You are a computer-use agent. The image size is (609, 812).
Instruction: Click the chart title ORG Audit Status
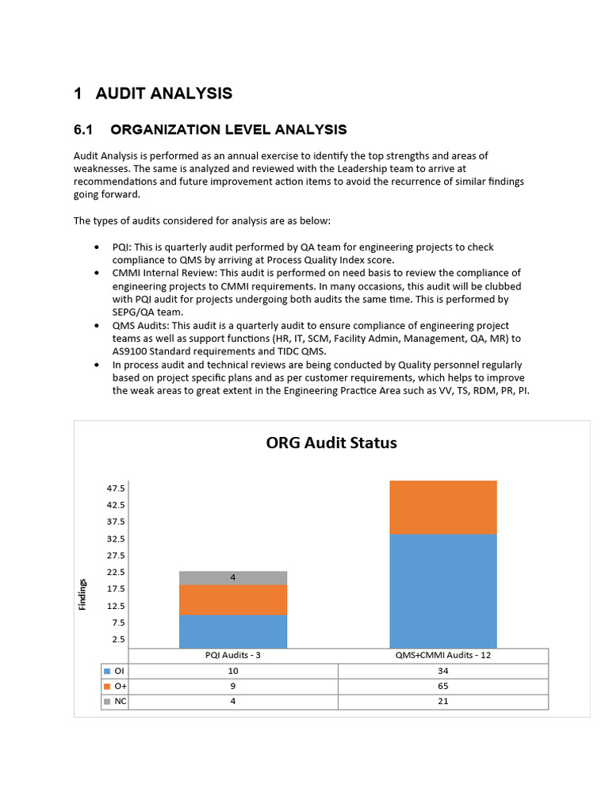(331, 442)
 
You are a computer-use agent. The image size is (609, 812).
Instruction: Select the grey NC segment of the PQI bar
(233, 577)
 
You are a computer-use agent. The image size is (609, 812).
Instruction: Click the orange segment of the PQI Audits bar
(233, 599)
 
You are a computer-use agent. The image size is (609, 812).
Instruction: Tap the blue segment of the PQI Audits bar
(233, 631)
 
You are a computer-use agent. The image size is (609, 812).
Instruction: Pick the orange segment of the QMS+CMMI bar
(442, 507)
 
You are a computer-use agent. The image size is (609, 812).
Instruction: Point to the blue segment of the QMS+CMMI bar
(442, 591)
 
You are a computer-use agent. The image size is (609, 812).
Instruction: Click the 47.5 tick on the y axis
(116, 488)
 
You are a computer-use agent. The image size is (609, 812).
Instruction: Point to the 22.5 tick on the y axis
(116, 573)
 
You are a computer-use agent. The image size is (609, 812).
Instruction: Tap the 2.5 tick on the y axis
(117, 639)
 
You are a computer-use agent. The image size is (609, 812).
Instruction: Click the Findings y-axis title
(82, 594)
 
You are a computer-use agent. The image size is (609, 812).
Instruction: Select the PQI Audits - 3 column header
(233, 655)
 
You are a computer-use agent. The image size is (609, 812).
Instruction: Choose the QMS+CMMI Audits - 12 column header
(442, 655)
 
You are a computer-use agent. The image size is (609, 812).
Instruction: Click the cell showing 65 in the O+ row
(442, 686)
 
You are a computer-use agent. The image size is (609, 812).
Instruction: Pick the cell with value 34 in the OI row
(442, 671)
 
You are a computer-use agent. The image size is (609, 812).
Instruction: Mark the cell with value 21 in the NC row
(442, 702)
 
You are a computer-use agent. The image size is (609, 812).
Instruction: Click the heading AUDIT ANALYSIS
(163, 94)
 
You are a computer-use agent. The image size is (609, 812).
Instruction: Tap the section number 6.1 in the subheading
(84, 129)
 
